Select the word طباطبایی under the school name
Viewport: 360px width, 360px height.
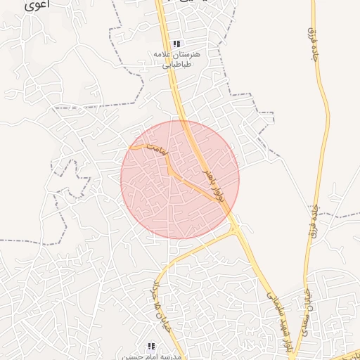pos(177,64)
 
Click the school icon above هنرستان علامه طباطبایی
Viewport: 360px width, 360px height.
pos(176,44)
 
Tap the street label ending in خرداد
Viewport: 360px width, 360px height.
pos(157,299)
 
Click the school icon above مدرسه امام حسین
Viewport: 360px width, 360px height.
pos(151,345)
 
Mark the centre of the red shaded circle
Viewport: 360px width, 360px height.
pos(180,180)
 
